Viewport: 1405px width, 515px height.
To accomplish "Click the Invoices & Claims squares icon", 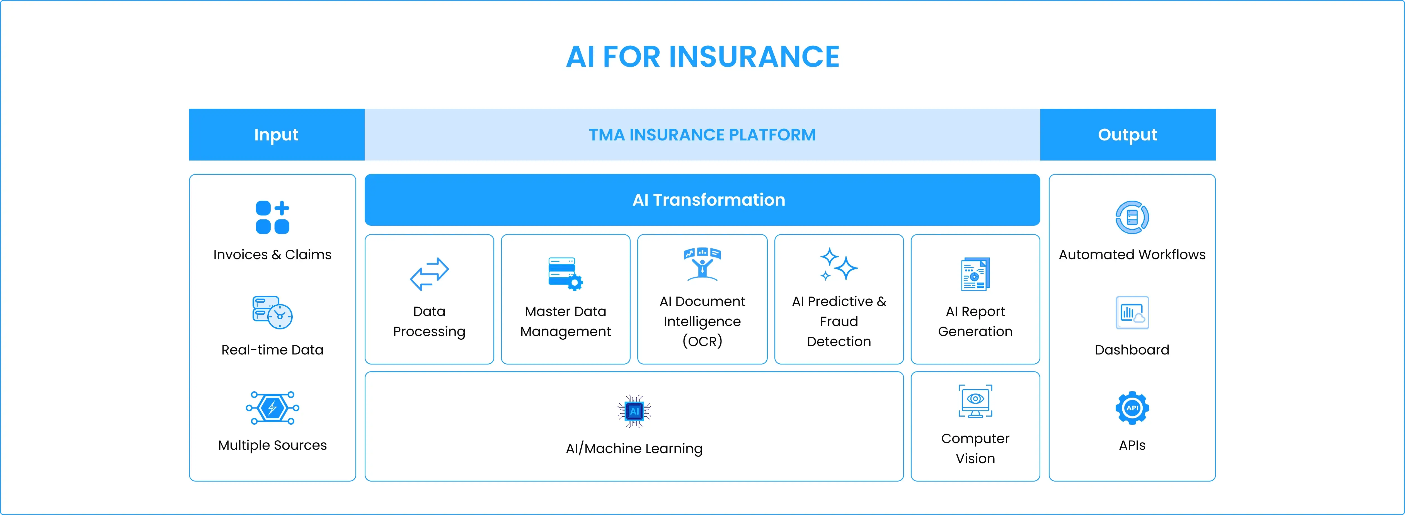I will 272,217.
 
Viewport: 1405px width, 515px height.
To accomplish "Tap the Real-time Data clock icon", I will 272,312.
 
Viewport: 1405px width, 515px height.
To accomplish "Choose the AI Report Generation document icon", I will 975,274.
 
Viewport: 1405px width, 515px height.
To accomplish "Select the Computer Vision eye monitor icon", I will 975,401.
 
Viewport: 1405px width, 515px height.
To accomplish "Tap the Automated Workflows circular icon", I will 1132,217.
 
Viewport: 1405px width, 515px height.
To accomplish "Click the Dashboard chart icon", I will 1132,313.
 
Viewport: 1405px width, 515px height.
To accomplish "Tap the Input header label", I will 276,135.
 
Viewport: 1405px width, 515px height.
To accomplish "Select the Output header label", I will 1127,135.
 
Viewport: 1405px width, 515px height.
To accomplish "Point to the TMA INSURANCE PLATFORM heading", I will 702,135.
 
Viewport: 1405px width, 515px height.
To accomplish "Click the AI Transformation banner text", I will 709,200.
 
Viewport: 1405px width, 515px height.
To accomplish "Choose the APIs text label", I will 1132,445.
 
